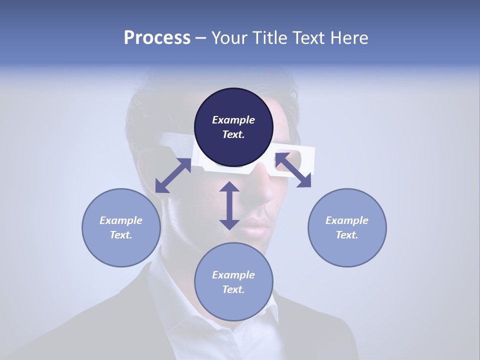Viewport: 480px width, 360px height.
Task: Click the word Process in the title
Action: click(157, 38)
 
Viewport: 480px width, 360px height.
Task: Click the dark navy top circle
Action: click(233, 127)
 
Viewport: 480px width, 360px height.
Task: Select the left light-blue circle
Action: click(121, 227)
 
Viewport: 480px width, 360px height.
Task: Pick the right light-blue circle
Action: click(347, 227)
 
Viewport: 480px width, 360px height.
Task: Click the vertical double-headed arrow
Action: click(229, 205)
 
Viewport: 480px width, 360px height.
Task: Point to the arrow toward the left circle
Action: click(173, 175)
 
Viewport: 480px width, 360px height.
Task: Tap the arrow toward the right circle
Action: click(293, 170)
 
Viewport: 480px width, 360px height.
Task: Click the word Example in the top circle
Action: click(233, 120)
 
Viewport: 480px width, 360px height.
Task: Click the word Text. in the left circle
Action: click(121, 235)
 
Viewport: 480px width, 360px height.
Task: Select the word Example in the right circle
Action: click(347, 220)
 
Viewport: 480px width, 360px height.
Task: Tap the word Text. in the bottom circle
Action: click(233, 289)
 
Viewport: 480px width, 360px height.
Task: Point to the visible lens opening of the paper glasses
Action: click(295, 156)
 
